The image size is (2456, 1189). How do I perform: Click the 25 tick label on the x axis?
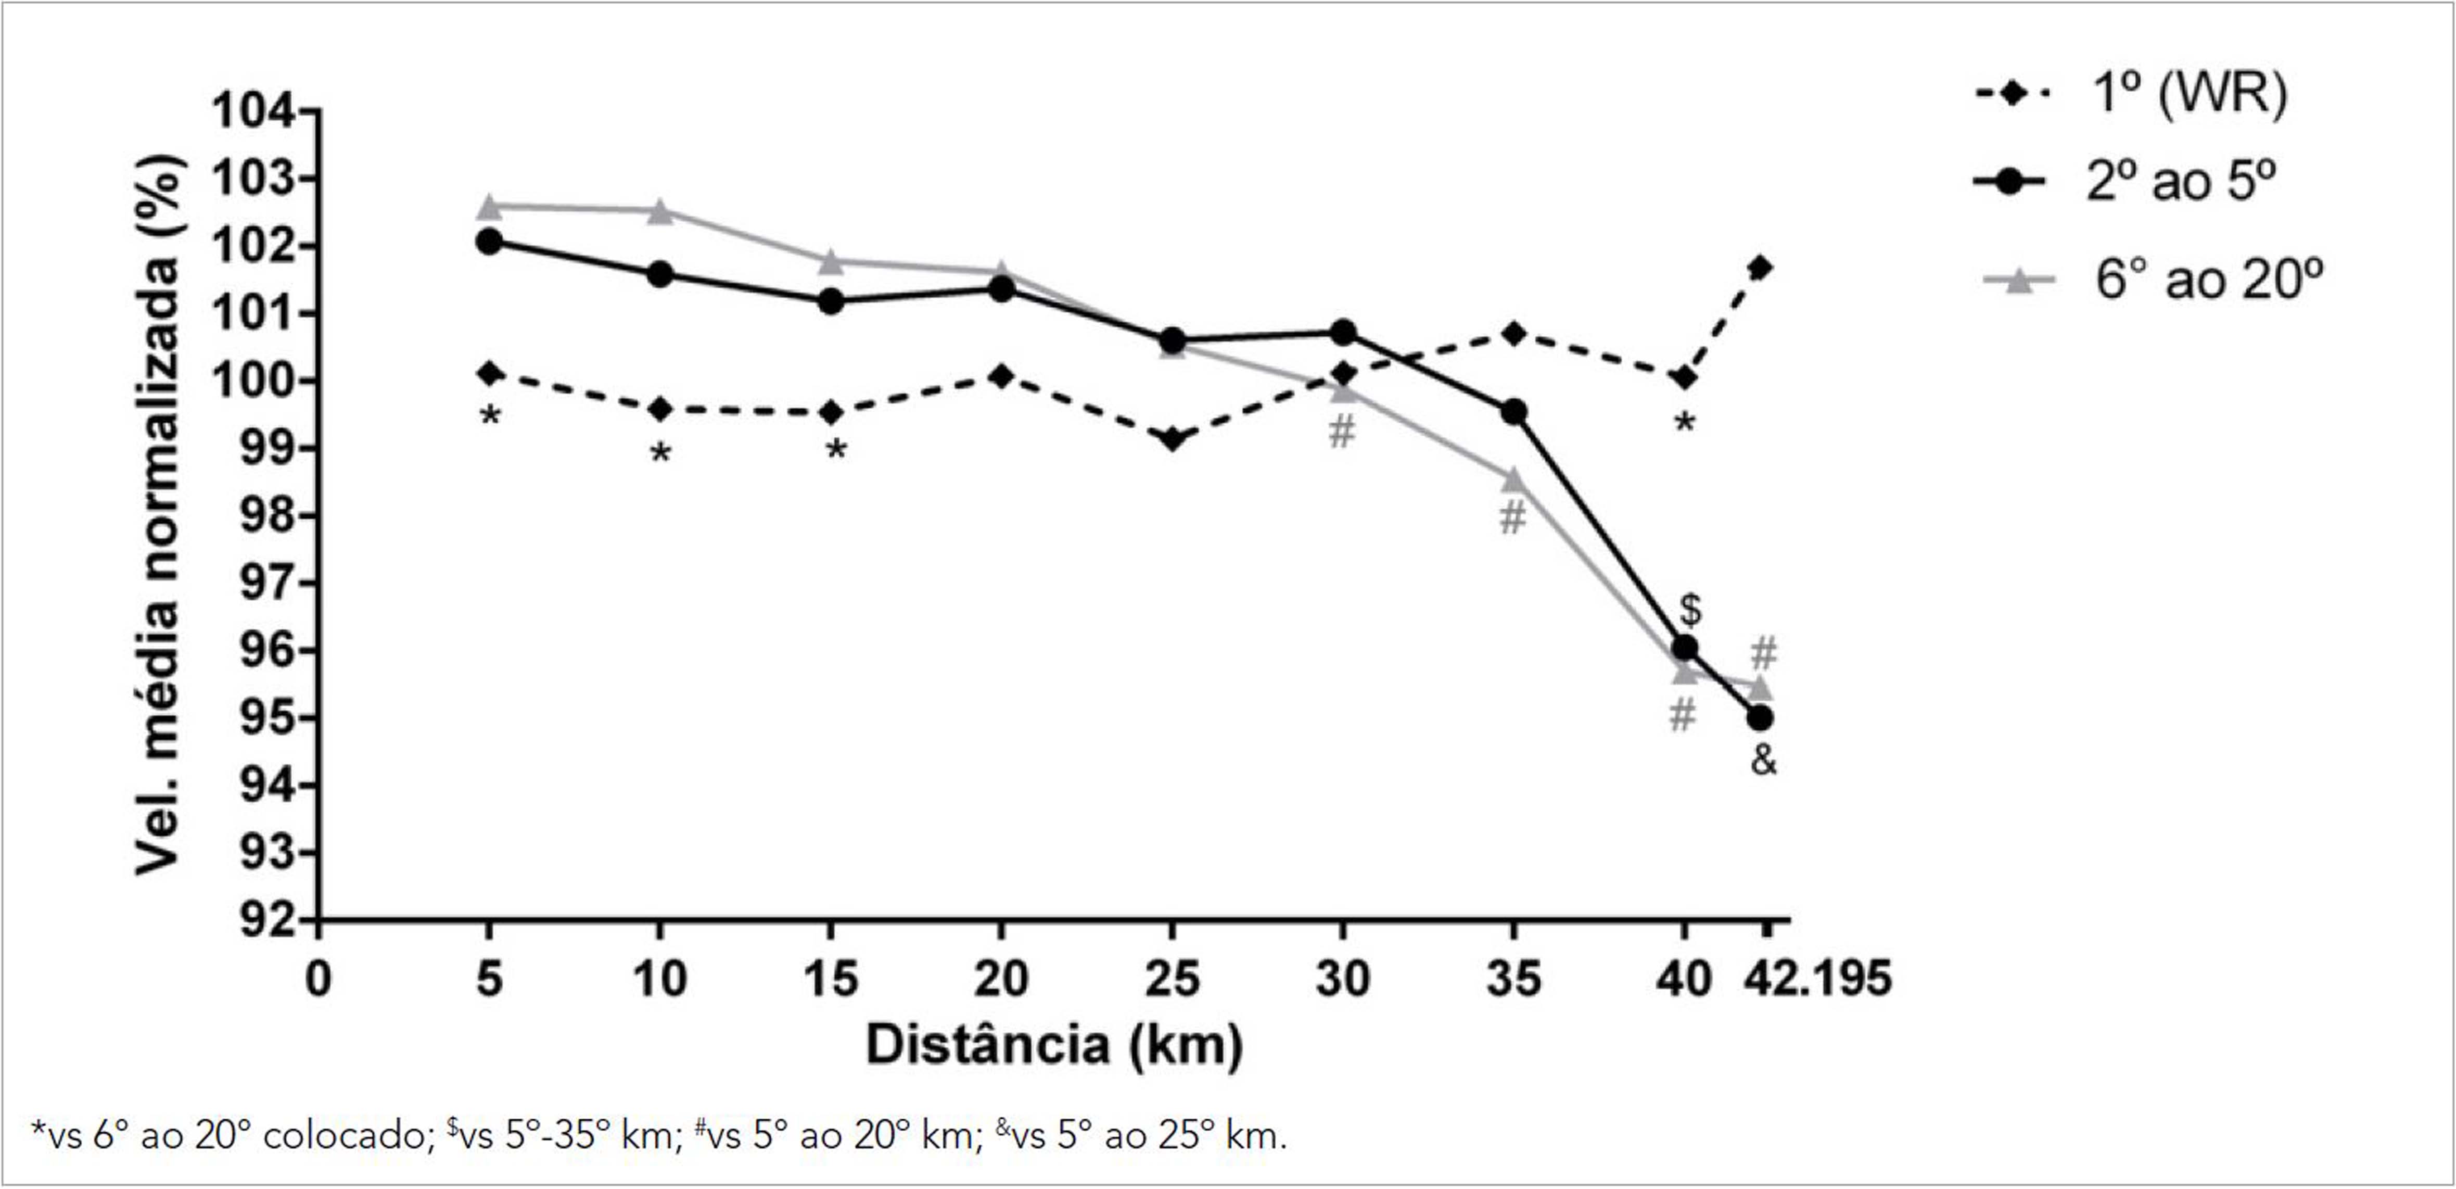pyautogui.click(x=1172, y=979)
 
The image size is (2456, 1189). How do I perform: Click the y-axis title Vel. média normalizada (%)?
pyautogui.click(x=157, y=515)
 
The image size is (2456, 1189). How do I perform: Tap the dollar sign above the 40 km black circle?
pyautogui.click(x=1689, y=609)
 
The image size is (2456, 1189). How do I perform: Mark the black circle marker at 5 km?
pyautogui.click(x=489, y=241)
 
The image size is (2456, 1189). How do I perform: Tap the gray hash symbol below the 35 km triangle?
pyautogui.click(x=1512, y=518)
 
